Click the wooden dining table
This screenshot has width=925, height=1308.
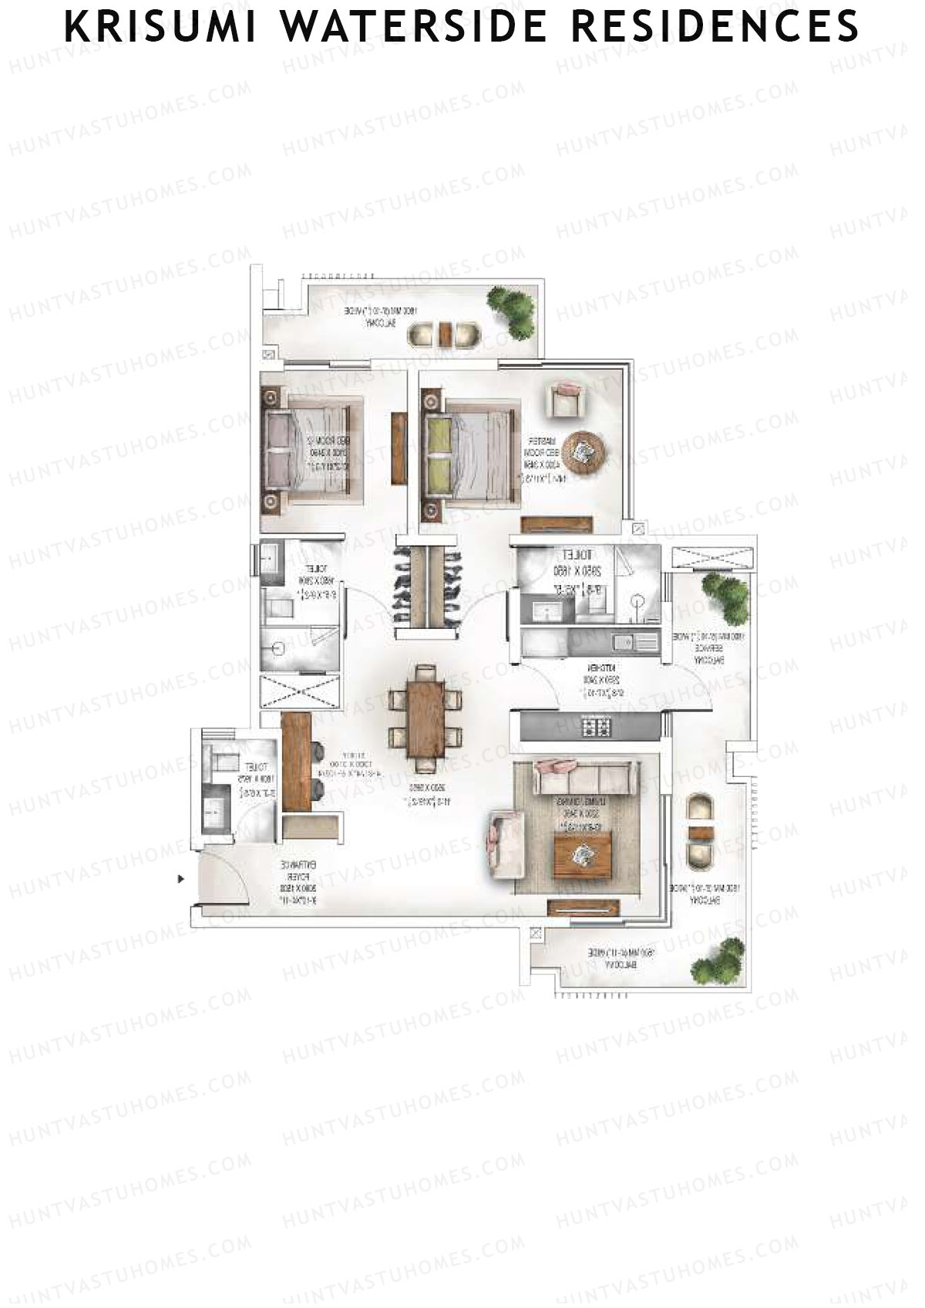425,718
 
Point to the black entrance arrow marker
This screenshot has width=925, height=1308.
181,878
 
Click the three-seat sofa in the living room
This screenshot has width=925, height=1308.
586,778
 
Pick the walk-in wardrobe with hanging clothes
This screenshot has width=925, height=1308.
422,590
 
